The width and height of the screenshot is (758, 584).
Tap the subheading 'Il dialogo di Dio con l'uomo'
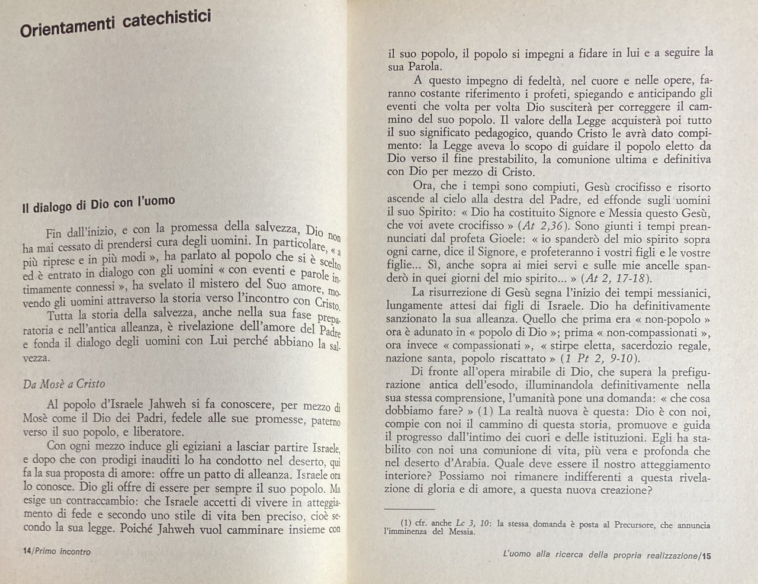(x=98, y=205)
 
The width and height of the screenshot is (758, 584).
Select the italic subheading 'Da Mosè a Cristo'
(x=64, y=383)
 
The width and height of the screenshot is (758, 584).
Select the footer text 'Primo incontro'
(x=63, y=551)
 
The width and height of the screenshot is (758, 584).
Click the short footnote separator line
(x=409, y=508)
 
